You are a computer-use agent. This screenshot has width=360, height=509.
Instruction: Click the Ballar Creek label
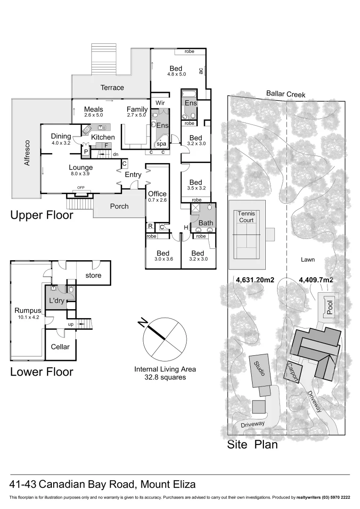(286, 94)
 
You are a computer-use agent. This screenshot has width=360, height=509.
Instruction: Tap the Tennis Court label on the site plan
(247, 216)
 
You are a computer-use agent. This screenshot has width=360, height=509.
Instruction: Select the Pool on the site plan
(329, 307)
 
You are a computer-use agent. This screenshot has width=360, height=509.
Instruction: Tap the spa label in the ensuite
(161, 144)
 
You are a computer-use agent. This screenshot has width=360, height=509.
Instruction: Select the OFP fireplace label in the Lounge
(81, 187)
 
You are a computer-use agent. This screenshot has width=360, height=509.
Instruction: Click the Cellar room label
(60, 347)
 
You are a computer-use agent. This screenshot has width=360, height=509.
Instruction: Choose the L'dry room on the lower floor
(57, 301)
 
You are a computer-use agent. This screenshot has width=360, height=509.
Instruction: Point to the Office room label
(157, 194)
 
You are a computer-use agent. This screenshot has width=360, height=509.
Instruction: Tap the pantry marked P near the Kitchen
(86, 152)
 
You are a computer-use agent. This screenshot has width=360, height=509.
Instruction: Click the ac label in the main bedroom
(201, 70)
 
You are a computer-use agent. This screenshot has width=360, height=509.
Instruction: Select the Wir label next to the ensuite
(160, 103)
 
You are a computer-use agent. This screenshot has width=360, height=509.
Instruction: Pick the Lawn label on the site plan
(308, 259)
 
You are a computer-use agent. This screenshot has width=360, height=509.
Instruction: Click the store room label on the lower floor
(93, 275)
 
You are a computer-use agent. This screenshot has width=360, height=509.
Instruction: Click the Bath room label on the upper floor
(206, 223)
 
